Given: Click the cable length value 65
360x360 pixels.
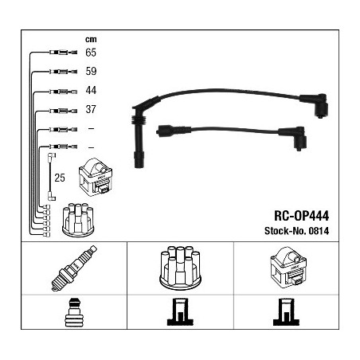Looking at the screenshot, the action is coord(91,53).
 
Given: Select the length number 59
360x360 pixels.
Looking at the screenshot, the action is coord(91,71).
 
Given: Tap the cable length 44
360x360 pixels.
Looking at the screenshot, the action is coord(91,90).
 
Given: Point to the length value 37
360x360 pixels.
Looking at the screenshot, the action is coord(91,109).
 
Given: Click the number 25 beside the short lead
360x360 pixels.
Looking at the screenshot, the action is coord(60,178).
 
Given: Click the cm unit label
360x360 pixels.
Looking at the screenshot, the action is coord(91,40).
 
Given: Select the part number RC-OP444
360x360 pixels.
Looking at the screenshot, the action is coord(301,216).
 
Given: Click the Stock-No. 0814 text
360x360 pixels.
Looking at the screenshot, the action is coord(296,231).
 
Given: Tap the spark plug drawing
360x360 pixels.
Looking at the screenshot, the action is coord(74,268).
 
